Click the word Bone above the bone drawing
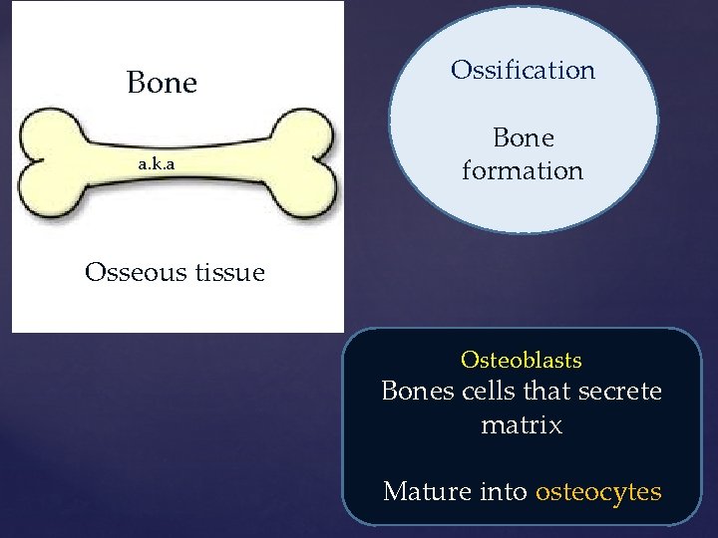(x=162, y=83)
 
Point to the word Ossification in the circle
(x=523, y=70)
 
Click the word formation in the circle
(x=523, y=170)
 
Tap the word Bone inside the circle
(x=524, y=137)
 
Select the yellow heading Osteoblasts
(x=522, y=360)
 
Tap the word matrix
(x=522, y=425)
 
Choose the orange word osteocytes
(x=598, y=491)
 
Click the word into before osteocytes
(x=502, y=491)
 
